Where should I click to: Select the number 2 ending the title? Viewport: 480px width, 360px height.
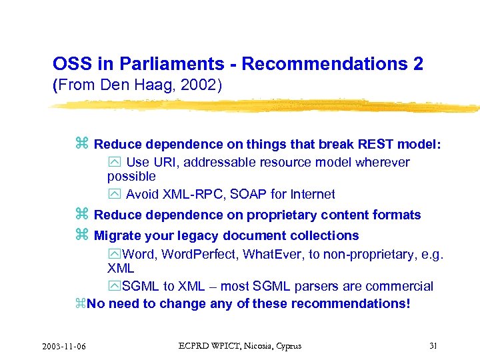coord(417,64)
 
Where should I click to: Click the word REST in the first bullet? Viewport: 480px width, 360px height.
coord(377,144)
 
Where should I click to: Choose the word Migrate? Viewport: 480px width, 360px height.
coord(117,235)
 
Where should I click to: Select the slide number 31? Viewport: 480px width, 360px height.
coord(433,345)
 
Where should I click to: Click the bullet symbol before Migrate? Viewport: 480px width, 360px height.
coord(82,235)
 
